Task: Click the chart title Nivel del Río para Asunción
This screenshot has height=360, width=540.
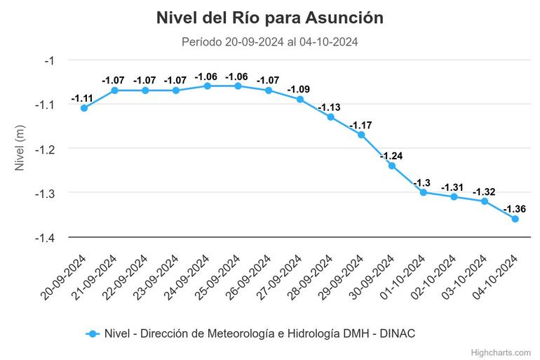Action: pos(270,18)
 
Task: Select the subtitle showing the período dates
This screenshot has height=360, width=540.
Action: pos(270,42)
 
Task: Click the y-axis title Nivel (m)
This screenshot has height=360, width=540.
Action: pos(20,149)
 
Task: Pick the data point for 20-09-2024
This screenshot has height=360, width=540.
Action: pos(84,108)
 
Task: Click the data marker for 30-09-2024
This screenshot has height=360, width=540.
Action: pos(392,166)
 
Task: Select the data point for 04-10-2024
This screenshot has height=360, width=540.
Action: pos(515,219)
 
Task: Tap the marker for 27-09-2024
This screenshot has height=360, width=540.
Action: pos(300,99)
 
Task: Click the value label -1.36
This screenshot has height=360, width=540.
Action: pos(515,208)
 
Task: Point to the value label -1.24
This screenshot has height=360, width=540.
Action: pos(392,155)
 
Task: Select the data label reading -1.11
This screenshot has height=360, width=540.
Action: pos(84,98)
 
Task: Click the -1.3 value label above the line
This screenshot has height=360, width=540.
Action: pos(422,182)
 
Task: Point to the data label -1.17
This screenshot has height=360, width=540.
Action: pos(361,124)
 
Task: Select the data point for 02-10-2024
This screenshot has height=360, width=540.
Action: pos(454,196)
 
